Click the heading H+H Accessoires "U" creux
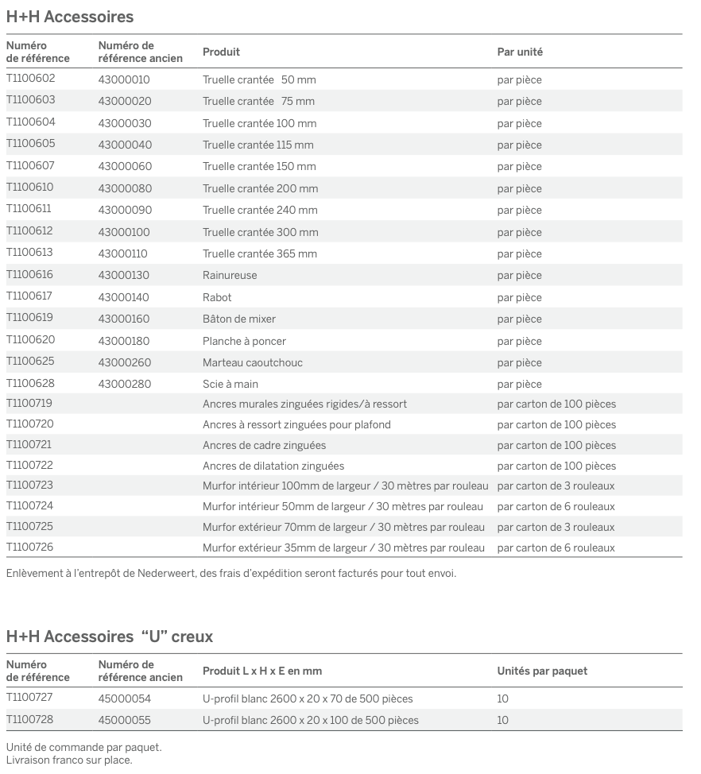(110, 637)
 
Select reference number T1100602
(31, 79)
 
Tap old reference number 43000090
(125, 210)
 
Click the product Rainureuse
(230, 275)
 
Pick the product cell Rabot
(217, 297)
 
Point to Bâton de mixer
(239, 319)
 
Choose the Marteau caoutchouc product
(253, 362)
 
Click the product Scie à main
(230, 384)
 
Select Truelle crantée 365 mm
(260, 253)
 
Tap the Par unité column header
(520, 52)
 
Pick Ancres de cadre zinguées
(264, 445)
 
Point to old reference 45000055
(125, 720)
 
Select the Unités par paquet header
(542, 671)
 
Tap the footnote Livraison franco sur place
(69, 759)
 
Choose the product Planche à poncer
(244, 341)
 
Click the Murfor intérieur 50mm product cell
(343, 506)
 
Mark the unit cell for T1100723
(556, 486)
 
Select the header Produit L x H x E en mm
(262, 671)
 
